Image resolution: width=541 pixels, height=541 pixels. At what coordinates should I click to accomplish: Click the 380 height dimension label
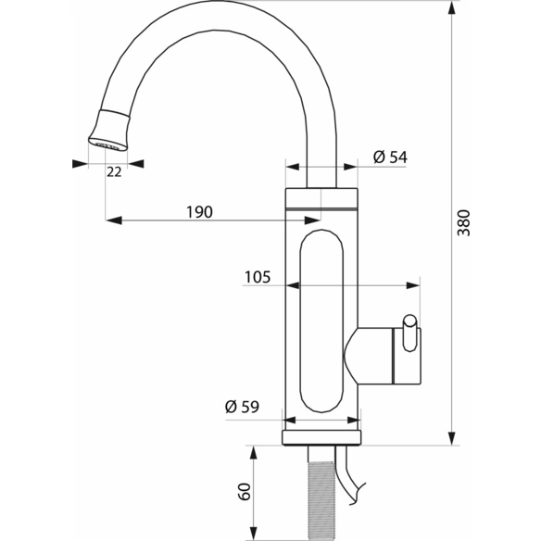point(463,223)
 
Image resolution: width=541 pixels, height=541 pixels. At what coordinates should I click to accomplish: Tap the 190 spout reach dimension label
point(199,212)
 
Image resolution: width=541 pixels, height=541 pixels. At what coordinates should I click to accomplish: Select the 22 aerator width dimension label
point(114,171)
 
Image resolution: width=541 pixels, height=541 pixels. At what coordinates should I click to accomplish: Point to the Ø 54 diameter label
point(390,157)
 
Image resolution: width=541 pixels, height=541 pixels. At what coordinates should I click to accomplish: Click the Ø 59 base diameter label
point(242,407)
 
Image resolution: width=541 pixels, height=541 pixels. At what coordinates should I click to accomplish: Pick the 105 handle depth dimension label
point(258,277)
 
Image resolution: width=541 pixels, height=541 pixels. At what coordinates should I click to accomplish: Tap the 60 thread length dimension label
point(244,492)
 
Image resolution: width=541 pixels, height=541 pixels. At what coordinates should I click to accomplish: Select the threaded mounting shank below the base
point(321,500)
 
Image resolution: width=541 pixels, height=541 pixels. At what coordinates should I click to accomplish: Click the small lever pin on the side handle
point(409,333)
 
